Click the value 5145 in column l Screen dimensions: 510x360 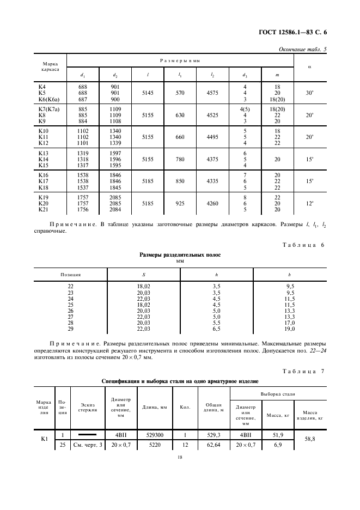[147, 93]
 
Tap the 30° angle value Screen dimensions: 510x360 [310, 93]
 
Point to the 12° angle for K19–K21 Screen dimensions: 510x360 [310, 203]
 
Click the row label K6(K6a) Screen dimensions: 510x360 [48, 99]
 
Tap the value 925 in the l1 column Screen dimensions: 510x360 [180, 203]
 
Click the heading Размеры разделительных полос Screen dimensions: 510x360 [180, 254]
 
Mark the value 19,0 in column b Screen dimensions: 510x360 [290, 329]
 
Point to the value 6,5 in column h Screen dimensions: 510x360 [216, 329]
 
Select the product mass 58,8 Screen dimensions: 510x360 [310, 440]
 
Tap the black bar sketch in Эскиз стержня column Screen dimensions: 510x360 [88, 435]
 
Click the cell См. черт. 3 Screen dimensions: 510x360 [88, 446]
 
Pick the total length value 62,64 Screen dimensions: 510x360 [213, 446]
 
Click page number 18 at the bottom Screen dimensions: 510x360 [179, 459]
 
